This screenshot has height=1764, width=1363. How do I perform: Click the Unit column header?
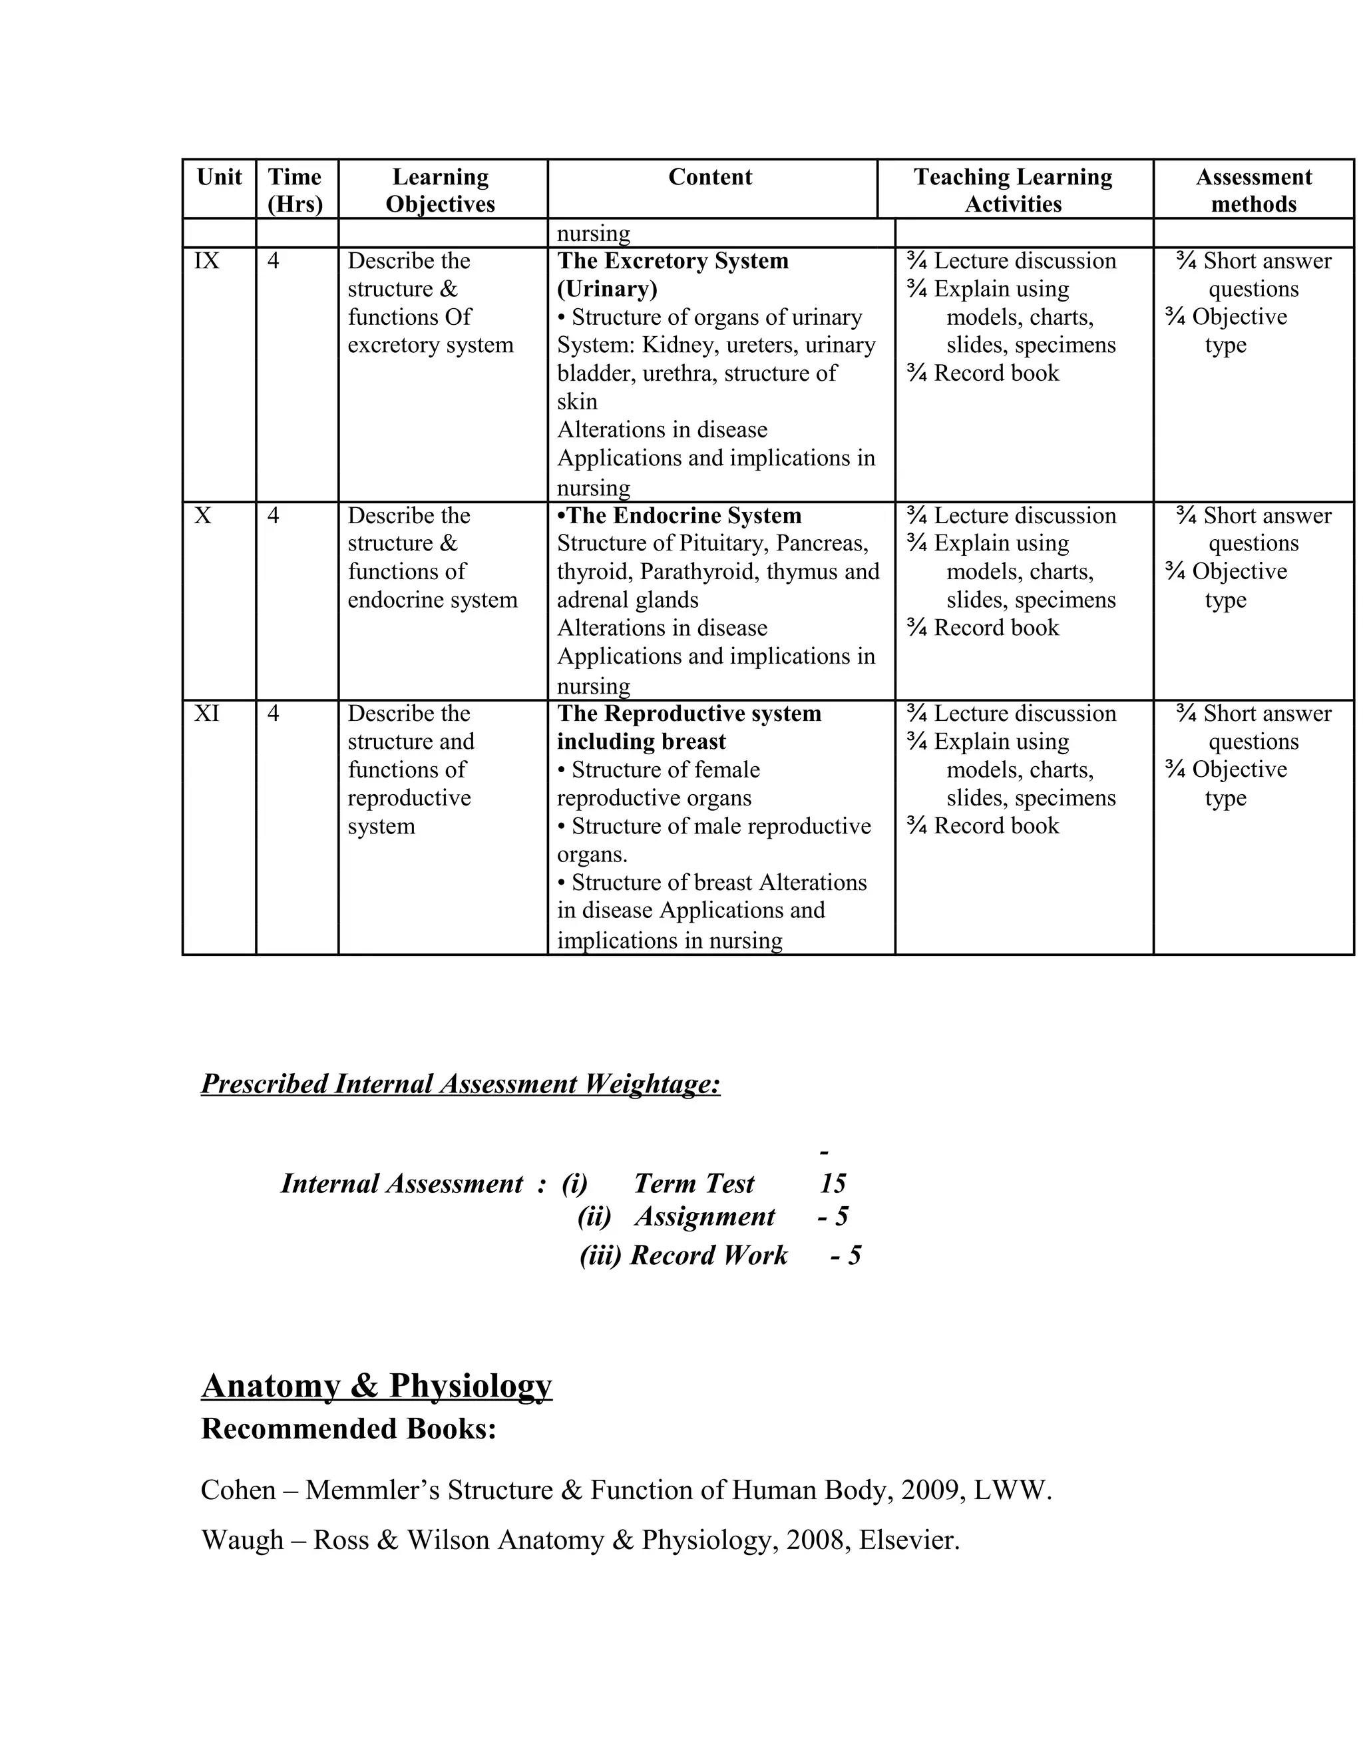coord(219,177)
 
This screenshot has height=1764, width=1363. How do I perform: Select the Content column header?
coord(709,177)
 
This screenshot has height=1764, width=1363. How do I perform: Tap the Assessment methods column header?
coord(1253,190)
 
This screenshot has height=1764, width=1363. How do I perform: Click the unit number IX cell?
coord(207,261)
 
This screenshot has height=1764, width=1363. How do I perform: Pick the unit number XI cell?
coord(207,713)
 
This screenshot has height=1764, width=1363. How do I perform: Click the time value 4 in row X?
coord(273,515)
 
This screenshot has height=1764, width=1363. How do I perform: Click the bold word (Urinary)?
coord(607,288)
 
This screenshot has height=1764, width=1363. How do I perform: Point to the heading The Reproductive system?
coord(689,713)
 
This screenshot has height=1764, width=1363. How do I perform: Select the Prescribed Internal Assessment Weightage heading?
coord(461,1083)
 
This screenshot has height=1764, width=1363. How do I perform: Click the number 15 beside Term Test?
coord(833,1184)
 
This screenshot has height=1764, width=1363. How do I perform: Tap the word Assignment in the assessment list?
coord(704,1216)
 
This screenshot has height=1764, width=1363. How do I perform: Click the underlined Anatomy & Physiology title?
coord(376,1385)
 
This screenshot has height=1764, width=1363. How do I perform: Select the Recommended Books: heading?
coord(348,1429)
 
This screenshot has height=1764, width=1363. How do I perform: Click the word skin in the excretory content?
coord(577,401)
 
